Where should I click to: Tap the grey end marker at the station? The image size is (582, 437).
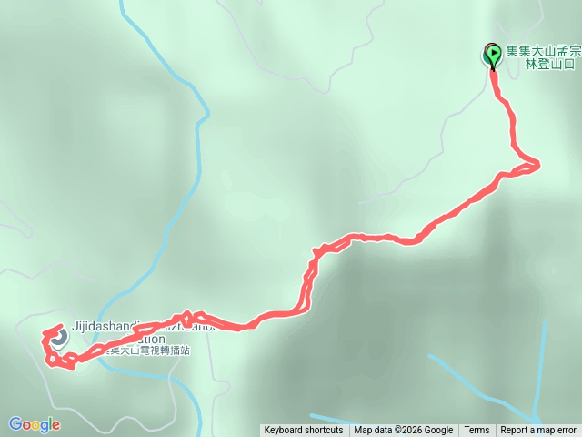click(58, 339)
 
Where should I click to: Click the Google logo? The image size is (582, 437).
click(34, 424)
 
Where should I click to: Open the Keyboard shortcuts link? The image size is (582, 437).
click(303, 431)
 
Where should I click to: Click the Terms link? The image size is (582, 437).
click(477, 431)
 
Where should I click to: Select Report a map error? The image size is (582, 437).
click(538, 431)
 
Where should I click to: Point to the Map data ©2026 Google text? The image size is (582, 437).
click(403, 431)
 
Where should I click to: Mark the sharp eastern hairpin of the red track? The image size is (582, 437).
click(537, 165)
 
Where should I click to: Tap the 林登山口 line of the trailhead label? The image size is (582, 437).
click(550, 66)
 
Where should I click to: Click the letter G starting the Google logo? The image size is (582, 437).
click(15, 424)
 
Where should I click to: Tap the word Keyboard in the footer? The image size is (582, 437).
click(285, 431)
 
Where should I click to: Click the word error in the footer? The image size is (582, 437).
click(564, 431)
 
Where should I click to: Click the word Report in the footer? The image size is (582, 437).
click(516, 431)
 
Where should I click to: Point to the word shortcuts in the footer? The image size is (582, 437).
click(324, 431)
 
